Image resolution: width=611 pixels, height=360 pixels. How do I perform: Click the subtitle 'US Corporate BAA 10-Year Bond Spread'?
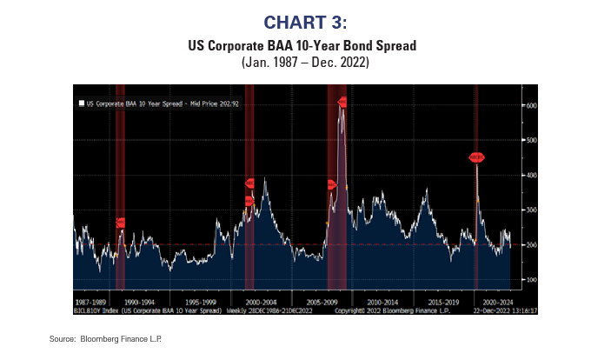pos(305,45)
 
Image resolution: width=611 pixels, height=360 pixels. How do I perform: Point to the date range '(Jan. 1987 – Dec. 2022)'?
pos(305,63)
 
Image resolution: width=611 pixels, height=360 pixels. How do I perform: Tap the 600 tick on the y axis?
pos(529,105)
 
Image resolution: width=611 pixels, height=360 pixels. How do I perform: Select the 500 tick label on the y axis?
pos(529,140)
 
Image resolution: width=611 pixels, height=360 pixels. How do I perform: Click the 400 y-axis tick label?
pos(529,175)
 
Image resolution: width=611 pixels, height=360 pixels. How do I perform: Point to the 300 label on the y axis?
pos(529,210)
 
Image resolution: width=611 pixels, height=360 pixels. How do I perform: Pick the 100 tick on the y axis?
pos(529,280)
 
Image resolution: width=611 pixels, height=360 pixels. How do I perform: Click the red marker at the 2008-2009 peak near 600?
pos(342,103)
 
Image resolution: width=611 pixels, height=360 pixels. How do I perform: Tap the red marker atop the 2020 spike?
pos(476,157)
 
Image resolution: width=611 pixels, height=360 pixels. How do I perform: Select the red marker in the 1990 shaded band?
pos(121,223)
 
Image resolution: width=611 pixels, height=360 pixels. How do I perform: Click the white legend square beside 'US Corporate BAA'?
pos(81,103)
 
